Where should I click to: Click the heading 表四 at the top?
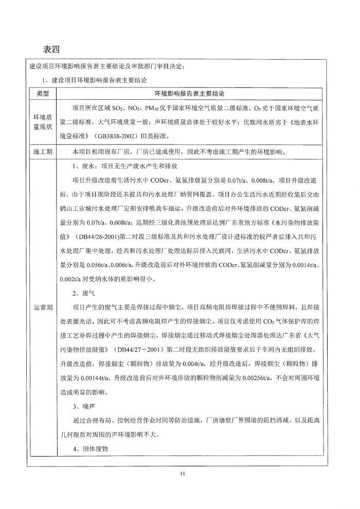tap(52, 49)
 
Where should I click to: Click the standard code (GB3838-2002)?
tap(115, 137)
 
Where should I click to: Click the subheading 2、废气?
tap(83, 294)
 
